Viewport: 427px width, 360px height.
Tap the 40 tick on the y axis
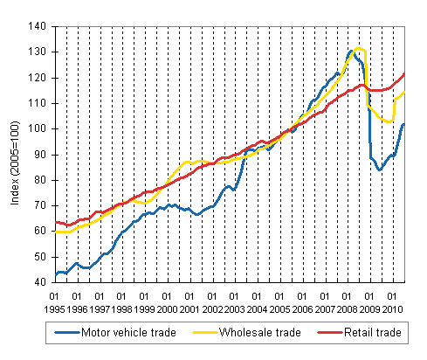click(x=40, y=282)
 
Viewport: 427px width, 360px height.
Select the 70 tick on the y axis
click(x=40, y=205)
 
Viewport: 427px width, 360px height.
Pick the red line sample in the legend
click(x=314, y=332)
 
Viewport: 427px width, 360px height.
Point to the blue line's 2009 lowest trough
click(x=380, y=170)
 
